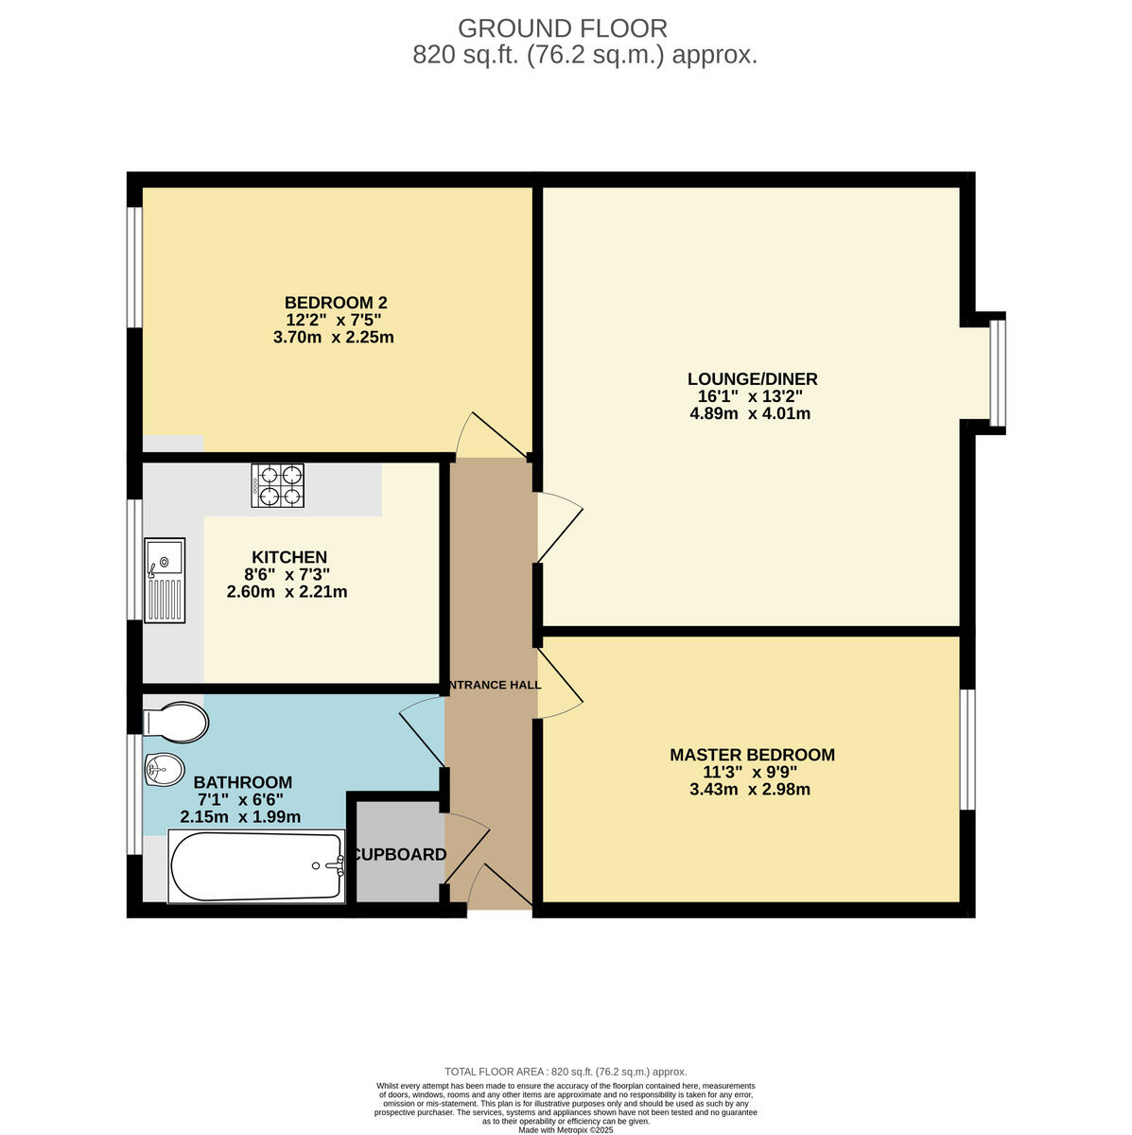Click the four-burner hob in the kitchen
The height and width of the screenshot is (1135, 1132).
pos(277,484)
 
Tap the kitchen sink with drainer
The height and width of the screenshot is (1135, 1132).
pos(165,580)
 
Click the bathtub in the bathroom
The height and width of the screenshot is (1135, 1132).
pos(256,865)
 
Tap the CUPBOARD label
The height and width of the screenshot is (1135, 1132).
pos(397,855)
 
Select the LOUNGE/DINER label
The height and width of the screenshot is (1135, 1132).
pos(752,379)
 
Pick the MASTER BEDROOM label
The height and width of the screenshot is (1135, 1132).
pos(752,755)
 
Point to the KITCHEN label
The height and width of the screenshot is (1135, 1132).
pos(288,557)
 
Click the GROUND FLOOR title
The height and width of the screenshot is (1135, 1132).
pos(562,28)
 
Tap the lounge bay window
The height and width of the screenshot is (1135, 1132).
pos(998,373)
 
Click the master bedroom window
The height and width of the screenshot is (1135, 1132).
pos(967,749)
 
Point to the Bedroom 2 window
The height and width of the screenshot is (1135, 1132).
pos(135,267)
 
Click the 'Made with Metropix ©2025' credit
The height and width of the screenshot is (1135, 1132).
pos(566,1129)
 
